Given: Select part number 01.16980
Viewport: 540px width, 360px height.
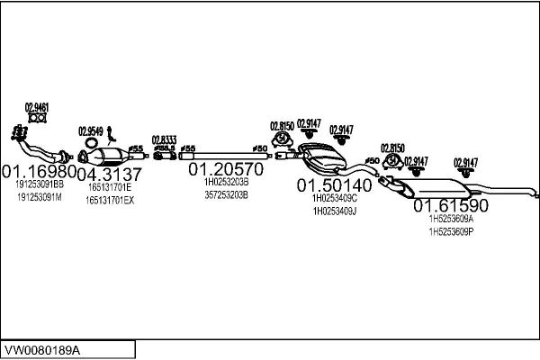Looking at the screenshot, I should point(38,171).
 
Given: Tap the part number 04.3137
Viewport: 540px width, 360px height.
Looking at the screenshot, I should point(109,174).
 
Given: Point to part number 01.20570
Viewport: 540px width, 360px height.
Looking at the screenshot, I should point(225,168).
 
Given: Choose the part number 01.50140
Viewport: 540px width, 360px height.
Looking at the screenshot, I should point(334,184).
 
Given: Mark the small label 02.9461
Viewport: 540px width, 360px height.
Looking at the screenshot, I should point(37,107).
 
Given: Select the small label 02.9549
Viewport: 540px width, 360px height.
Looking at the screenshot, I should point(91,129).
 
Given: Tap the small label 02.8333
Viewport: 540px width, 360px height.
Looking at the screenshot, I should point(164,139).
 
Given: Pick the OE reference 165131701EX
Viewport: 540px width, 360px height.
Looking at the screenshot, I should point(110,200).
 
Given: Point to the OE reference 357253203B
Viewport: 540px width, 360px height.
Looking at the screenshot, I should point(226,193).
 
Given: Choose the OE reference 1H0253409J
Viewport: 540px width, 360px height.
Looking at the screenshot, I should point(334,211).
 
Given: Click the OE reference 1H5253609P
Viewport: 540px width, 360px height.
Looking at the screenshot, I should point(451,231).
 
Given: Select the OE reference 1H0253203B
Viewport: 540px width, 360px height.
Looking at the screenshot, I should point(226,181).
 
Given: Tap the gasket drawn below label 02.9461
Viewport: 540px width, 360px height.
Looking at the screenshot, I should point(37,117).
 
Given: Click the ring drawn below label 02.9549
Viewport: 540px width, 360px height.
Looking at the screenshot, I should point(92,141).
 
